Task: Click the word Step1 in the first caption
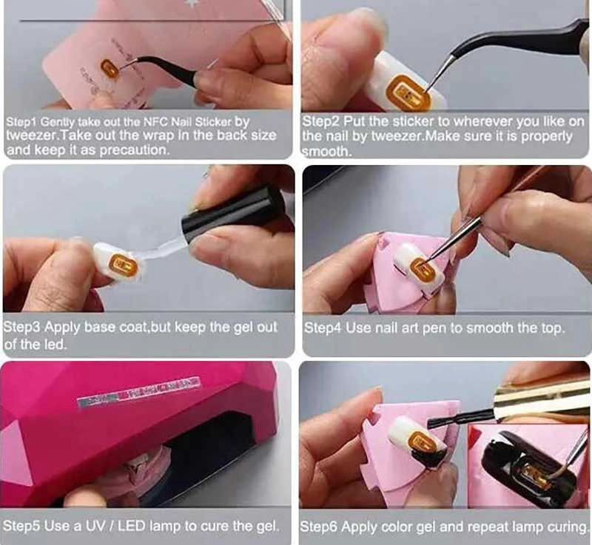[21, 122]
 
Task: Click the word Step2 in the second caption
[322, 121]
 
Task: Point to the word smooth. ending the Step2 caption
[326, 152]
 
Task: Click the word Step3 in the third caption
[22, 328]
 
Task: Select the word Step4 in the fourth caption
[323, 328]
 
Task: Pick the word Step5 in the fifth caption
[22, 526]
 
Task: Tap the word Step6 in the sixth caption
[319, 527]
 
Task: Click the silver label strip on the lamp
[138, 392]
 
